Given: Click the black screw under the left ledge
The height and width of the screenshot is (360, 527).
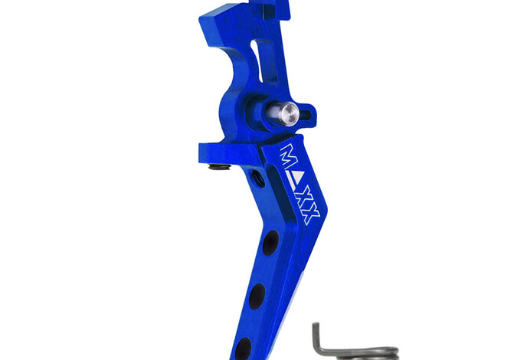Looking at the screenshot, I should click(220, 165).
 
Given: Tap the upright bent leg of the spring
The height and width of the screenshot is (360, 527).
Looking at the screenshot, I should click(318, 341).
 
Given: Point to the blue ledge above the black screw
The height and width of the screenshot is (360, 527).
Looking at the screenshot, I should click(222, 150).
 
